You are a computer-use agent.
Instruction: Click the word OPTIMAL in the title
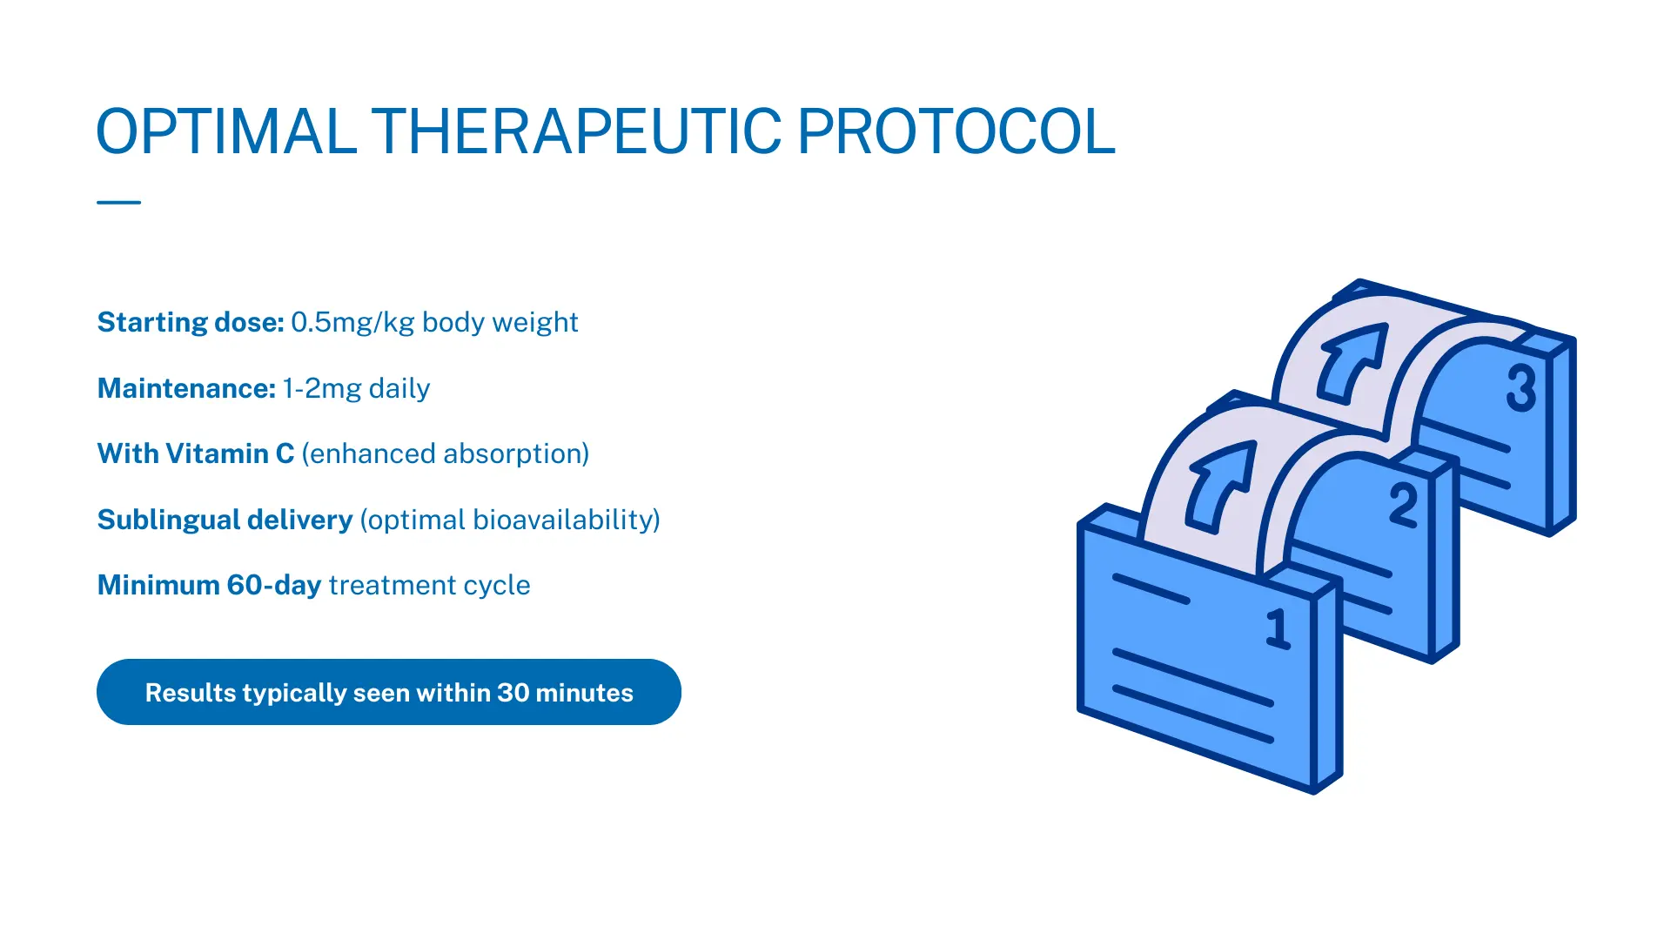(x=226, y=132)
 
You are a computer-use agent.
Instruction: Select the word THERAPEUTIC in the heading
(x=577, y=132)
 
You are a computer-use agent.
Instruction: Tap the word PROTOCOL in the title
(x=956, y=132)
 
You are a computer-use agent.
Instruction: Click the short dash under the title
(x=118, y=202)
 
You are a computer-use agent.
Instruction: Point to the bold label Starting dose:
(x=191, y=322)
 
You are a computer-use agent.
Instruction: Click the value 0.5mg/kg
(x=352, y=322)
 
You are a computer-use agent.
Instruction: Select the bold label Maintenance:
(x=186, y=388)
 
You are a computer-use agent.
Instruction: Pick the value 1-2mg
(x=321, y=388)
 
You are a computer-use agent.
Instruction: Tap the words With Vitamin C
(x=196, y=453)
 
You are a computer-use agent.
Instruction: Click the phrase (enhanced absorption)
(x=446, y=453)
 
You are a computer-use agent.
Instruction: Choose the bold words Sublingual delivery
(x=225, y=520)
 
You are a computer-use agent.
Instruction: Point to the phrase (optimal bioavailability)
(x=510, y=520)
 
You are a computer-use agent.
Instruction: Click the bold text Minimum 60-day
(x=209, y=585)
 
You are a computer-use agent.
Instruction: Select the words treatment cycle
(x=429, y=585)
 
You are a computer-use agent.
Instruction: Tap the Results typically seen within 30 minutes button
(x=389, y=692)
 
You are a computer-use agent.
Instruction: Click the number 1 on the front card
(x=1278, y=628)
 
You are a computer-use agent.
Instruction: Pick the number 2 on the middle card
(x=1404, y=505)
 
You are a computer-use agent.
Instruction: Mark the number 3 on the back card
(x=1521, y=387)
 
